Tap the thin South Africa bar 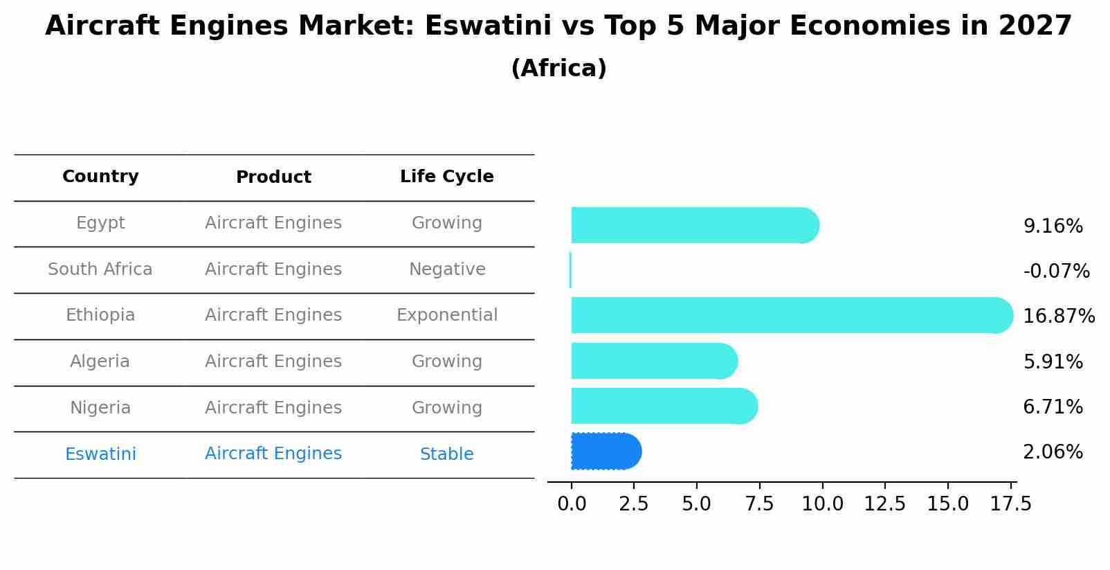pos(570,270)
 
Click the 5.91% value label pos(1053,362)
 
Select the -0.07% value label pos(1056,271)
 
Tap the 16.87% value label pos(1058,316)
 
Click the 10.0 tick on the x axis pos(822,504)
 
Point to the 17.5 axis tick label pos(1010,504)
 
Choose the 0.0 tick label pos(572,504)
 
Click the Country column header pos(100,177)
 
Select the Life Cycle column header pos(446,177)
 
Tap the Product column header pos(273,177)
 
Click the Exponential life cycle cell pos(446,315)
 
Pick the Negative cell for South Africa pos(446,269)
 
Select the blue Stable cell pos(446,454)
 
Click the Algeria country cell pos(100,362)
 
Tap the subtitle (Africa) pos(558,69)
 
